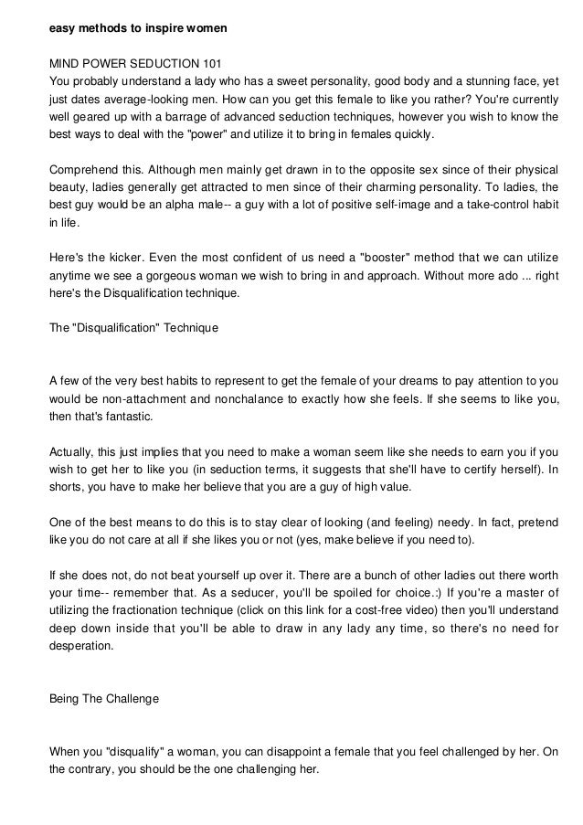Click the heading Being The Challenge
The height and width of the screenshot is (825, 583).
point(103,699)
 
